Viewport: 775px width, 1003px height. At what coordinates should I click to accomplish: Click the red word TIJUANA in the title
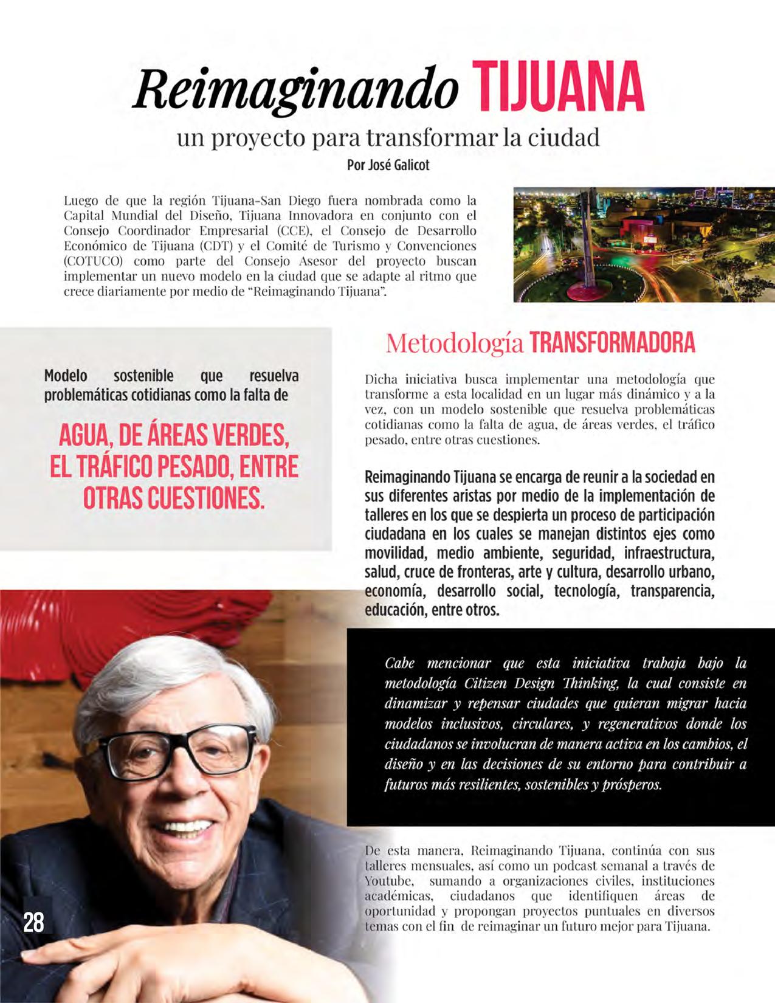click(557, 89)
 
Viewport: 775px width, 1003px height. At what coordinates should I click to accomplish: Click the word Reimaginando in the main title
click(295, 91)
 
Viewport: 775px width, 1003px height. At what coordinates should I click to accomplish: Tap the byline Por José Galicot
click(388, 165)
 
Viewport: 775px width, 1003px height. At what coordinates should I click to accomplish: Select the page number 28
click(33, 922)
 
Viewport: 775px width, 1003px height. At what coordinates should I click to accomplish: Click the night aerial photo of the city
click(643, 244)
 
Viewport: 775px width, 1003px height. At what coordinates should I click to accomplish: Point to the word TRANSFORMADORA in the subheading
click(611, 343)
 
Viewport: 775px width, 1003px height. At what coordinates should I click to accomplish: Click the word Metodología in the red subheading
click(454, 343)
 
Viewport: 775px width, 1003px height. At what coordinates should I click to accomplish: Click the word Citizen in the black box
click(485, 683)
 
